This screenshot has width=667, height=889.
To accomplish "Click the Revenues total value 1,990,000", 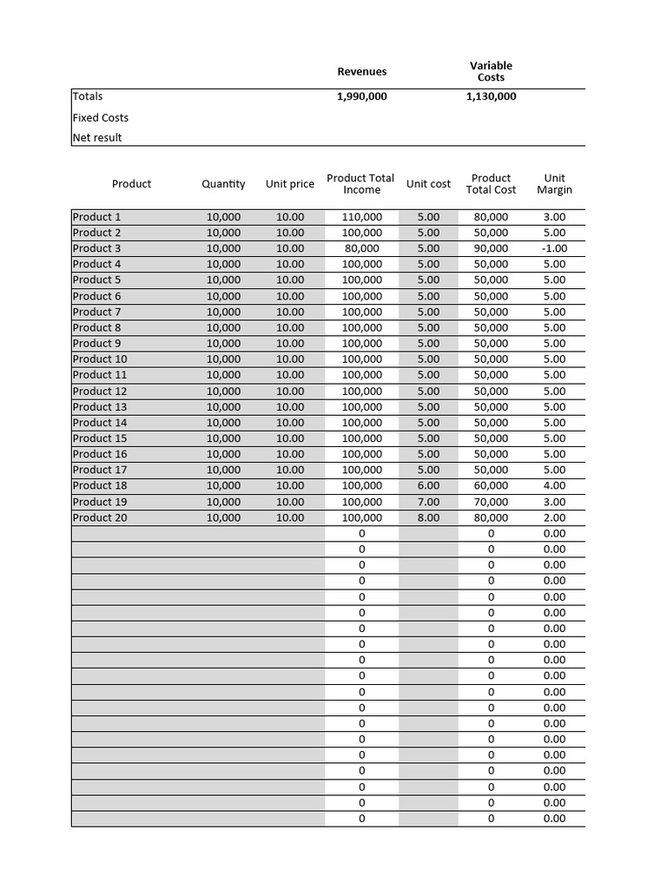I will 361,96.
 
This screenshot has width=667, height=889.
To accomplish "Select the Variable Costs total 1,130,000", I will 491,96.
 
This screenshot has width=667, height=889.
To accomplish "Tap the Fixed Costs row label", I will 101,117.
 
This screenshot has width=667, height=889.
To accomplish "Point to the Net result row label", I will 97,137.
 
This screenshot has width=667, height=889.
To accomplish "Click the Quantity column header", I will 223,184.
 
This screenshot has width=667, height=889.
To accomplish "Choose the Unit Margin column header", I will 554,184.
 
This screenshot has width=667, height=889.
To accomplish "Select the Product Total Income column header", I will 360,184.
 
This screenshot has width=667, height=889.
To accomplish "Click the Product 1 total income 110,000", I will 362,217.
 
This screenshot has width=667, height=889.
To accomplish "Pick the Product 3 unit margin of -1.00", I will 554,248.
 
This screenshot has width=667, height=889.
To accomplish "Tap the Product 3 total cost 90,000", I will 491,248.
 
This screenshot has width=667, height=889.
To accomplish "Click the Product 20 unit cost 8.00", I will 428,517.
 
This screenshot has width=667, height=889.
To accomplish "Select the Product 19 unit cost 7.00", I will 428,502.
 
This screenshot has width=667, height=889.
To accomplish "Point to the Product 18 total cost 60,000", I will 491,485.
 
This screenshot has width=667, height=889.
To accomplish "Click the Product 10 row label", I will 100,359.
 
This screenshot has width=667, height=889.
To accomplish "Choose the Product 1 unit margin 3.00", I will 554,217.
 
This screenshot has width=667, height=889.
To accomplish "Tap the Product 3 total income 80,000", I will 362,248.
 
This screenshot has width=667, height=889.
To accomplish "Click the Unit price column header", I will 290,184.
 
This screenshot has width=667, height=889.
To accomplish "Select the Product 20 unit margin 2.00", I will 554,517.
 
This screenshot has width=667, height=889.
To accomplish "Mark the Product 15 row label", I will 100,438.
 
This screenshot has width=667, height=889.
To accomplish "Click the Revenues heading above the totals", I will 362,71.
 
